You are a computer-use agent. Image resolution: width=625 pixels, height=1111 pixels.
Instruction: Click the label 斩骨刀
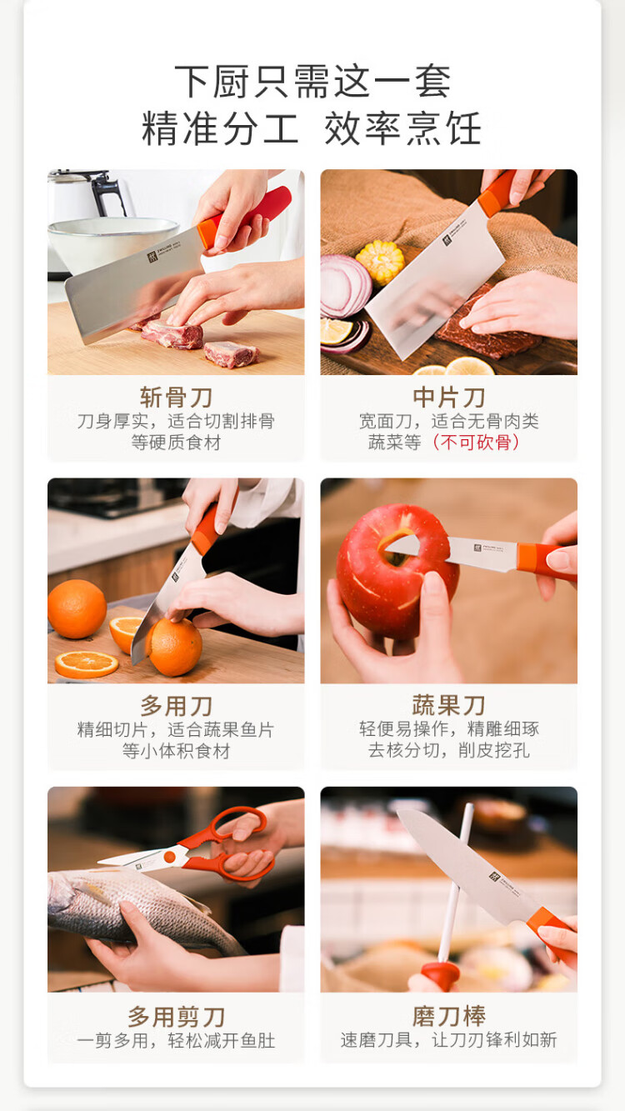click(x=176, y=398)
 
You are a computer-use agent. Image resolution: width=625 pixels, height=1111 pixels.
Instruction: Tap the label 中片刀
click(x=449, y=398)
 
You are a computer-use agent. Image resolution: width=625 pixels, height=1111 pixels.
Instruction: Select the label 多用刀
click(x=176, y=706)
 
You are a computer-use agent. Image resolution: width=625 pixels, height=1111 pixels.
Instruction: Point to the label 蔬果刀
click(x=449, y=706)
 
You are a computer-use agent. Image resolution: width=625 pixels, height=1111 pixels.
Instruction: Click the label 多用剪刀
click(x=176, y=1017)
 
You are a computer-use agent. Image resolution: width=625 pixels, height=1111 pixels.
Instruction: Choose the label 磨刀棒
click(x=449, y=1017)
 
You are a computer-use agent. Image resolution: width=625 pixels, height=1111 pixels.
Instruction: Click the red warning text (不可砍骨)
click(x=476, y=443)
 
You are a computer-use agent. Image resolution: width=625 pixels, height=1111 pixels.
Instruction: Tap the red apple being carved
click(x=397, y=570)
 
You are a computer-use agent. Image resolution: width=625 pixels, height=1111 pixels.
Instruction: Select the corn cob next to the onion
click(x=381, y=261)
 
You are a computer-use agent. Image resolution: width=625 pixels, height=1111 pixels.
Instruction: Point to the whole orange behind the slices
click(x=77, y=609)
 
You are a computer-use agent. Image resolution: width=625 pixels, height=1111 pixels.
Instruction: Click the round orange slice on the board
click(x=87, y=664)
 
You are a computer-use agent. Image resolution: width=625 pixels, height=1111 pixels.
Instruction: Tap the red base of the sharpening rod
click(x=440, y=976)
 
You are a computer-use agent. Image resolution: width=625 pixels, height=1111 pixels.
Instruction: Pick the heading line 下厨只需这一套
click(x=312, y=82)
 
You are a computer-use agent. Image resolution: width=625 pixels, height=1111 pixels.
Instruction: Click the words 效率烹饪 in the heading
click(x=402, y=128)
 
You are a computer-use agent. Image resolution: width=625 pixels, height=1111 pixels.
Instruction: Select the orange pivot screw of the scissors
click(x=170, y=857)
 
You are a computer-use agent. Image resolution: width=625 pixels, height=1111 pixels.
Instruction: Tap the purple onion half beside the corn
click(x=345, y=286)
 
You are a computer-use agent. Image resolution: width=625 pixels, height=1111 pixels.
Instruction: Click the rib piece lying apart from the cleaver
click(x=231, y=354)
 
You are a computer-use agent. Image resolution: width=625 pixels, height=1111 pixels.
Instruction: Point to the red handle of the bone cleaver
click(x=246, y=218)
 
